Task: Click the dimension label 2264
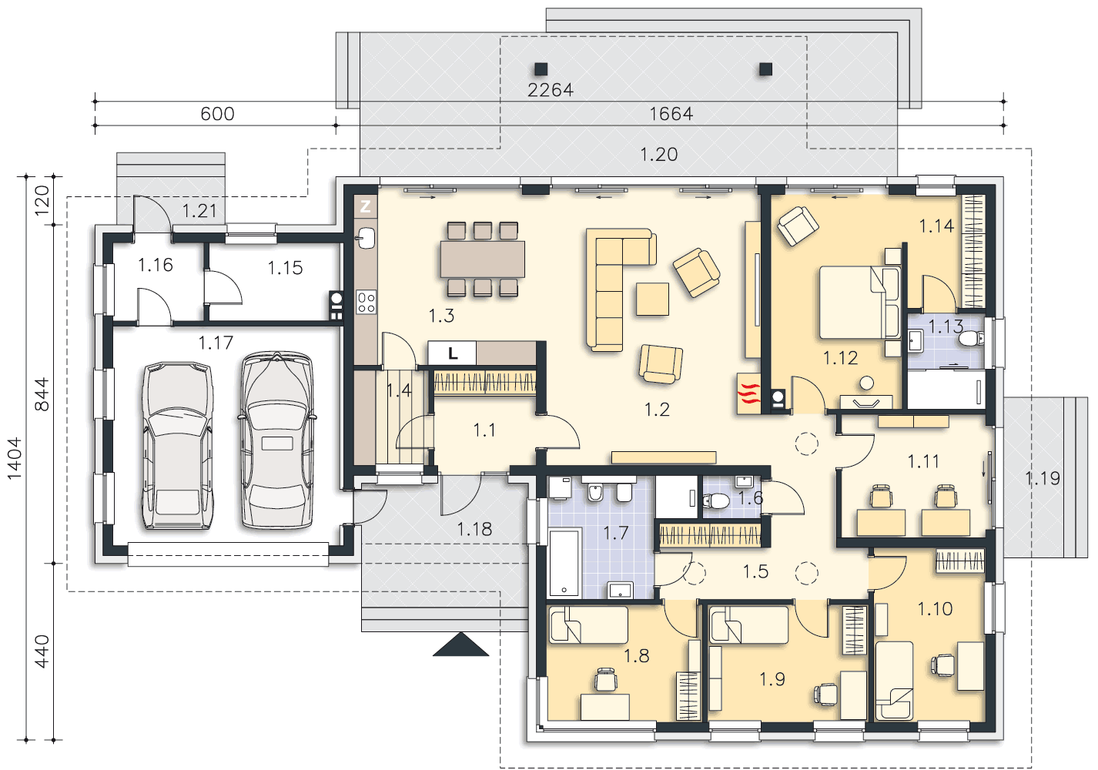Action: tap(550, 89)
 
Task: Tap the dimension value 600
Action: tap(217, 114)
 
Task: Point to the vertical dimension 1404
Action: tap(15, 458)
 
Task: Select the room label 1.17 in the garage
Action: tap(216, 343)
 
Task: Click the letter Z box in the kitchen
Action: tap(365, 206)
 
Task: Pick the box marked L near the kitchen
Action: tap(452, 353)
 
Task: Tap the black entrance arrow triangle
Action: tap(460, 644)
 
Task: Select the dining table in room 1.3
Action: tap(482, 259)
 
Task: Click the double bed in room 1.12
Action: tap(859, 303)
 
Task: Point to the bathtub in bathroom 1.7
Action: tap(565, 562)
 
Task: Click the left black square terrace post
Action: tap(541, 69)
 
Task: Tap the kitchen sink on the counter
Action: tap(366, 238)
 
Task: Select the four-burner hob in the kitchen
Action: tap(366, 302)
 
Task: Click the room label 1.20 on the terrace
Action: tap(659, 155)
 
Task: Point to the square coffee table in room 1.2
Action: tap(652, 299)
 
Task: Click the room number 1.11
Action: tap(923, 462)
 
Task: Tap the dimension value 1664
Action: tap(671, 114)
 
